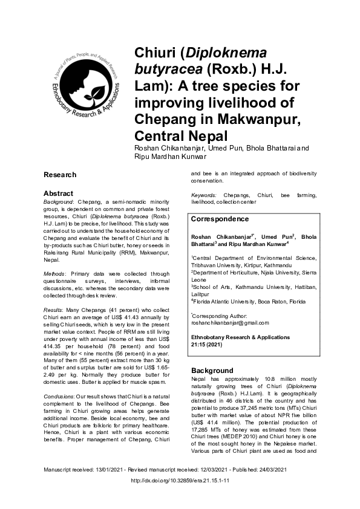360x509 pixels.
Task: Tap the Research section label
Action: click(60, 175)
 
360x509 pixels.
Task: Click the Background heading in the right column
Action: click(212, 370)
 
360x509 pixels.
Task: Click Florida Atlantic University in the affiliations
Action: click(232, 300)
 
